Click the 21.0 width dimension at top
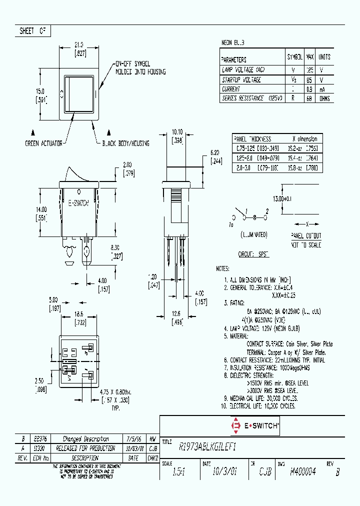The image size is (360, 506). tap(78, 44)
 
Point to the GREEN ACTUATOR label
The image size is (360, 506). tap(43, 143)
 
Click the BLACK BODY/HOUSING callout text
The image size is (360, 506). tap(125, 143)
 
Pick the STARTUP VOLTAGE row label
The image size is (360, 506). tap(241, 80)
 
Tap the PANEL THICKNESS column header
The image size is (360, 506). tap(253, 139)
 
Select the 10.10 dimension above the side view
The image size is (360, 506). tap(177, 132)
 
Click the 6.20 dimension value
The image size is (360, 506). tap(215, 152)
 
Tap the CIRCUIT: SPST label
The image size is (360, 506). tap(253, 254)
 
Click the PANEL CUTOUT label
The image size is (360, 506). tap(306, 235)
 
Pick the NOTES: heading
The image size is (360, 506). tap(222, 268)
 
